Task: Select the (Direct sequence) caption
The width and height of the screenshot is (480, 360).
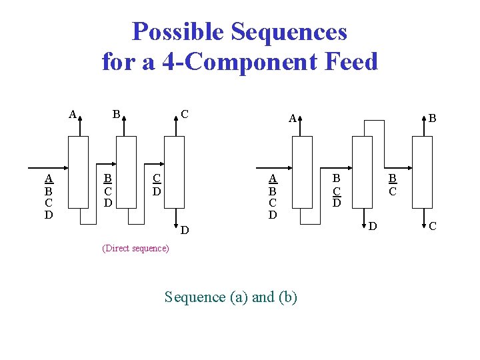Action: [x=135, y=248]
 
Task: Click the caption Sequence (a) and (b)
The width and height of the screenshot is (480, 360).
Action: [x=231, y=297]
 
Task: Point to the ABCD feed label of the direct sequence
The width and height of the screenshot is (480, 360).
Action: [x=49, y=196]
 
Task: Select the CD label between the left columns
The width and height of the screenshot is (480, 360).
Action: [x=157, y=184]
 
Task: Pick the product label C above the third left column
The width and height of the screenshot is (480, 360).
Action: [x=185, y=114]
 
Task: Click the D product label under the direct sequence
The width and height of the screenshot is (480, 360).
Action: [x=186, y=230]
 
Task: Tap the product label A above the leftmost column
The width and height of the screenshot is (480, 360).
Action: [x=73, y=113]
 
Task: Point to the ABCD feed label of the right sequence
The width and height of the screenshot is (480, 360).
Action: [x=273, y=196]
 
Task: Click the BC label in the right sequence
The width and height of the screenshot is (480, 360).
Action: [x=393, y=185]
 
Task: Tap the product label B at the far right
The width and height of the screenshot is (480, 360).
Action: [x=433, y=119]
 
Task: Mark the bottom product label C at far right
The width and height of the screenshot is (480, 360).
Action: [x=433, y=227]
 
